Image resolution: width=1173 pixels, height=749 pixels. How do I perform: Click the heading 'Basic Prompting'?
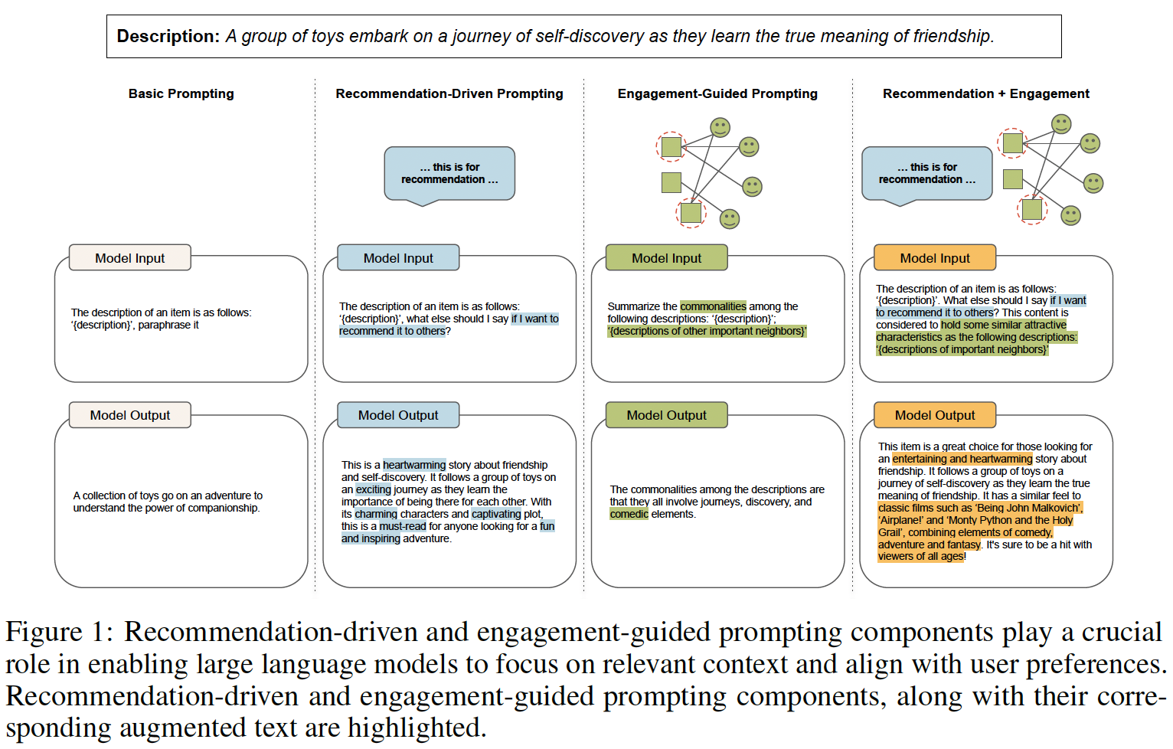pos(181,93)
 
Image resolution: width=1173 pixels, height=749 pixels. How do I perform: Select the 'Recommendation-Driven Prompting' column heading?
pos(449,93)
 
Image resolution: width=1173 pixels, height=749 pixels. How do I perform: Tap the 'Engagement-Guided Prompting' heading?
pos(717,93)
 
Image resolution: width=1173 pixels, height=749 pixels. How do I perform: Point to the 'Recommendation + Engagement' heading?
pos(986,93)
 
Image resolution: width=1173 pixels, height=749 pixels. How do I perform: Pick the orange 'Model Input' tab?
pos(935,257)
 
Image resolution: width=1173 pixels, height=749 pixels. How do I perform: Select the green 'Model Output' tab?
pos(667,415)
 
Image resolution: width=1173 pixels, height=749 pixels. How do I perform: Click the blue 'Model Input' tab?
pos(398,257)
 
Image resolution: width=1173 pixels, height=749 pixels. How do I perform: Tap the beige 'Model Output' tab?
pos(130,415)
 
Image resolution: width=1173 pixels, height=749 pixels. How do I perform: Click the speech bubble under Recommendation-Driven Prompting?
pos(449,174)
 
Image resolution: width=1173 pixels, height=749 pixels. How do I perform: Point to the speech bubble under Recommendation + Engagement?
pos(927,174)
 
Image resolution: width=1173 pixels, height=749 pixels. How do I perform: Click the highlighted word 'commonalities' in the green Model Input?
pos(714,306)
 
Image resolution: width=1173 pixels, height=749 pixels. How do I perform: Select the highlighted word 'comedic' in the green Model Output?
pos(629,515)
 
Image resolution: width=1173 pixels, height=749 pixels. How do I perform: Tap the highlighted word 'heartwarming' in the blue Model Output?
pos(414,465)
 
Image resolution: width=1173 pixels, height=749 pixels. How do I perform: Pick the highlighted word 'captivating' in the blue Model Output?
pos(496,515)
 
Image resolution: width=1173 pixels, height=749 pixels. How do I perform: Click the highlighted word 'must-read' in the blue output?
pos(403,526)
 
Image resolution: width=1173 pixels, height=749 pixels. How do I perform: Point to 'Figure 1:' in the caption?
pos(60,632)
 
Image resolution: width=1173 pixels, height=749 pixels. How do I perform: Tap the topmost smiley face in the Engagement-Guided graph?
pos(720,127)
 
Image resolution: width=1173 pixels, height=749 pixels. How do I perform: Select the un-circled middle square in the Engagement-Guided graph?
pos(671,183)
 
